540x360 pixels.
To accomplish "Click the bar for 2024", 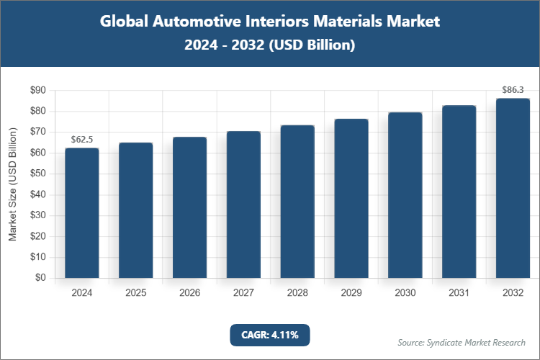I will [x=82, y=212].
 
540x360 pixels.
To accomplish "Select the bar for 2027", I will [x=243, y=204].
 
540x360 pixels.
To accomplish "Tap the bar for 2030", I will [x=405, y=195].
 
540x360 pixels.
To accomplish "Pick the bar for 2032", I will [x=513, y=188].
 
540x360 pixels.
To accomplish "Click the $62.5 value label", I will [x=82, y=138].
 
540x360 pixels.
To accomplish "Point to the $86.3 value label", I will [x=513, y=90].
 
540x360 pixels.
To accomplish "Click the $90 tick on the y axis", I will [x=37, y=91].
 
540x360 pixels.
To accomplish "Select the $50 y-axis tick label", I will [x=37, y=174].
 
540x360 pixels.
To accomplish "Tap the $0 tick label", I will [x=40, y=278].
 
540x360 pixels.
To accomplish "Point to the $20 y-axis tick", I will [x=37, y=236].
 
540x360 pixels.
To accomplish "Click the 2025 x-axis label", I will [x=136, y=293].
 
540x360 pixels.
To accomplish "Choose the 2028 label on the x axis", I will [x=297, y=293].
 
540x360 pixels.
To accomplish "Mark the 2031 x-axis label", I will [x=459, y=293].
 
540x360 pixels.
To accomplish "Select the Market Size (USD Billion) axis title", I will [x=13, y=184].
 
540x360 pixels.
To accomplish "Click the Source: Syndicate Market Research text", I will [x=462, y=342].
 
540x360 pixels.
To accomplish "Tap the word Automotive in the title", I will [x=192, y=22].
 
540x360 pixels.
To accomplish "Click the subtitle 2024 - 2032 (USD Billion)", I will [x=269, y=45].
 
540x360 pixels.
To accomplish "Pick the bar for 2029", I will [x=351, y=198].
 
